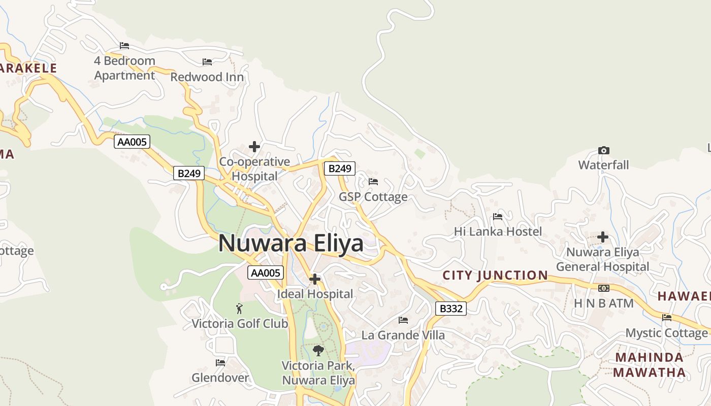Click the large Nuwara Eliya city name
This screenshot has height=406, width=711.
[x=291, y=243]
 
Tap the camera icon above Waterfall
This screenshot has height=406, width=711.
[x=603, y=150]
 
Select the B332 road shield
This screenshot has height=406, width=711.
[x=450, y=308]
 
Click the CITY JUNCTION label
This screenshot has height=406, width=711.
[x=495, y=276]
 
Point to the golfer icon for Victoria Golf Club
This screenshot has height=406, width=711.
[x=239, y=308]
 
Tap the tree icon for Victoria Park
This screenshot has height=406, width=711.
[x=318, y=350]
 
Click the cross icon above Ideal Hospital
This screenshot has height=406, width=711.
[x=315, y=279]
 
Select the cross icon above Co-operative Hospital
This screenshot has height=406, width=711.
[x=254, y=147]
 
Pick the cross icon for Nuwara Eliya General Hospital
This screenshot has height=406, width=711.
[x=603, y=237]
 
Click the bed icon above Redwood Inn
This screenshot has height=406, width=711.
[x=207, y=62]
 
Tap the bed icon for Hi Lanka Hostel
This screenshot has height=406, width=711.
[x=498, y=217]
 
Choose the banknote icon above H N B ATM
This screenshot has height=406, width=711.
[x=603, y=288]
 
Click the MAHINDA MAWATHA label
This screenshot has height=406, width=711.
[x=649, y=365]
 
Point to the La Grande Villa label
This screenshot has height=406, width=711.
[x=403, y=335]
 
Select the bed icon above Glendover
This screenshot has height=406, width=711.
[x=220, y=363]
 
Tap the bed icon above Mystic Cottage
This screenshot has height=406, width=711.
[x=667, y=318]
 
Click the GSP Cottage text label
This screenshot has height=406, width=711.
[x=373, y=196]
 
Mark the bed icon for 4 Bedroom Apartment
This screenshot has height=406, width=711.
[x=124, y=46]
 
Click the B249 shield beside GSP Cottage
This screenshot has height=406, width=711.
[x=339, y=168]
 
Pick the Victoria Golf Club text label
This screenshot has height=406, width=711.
[x=240, y=323]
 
